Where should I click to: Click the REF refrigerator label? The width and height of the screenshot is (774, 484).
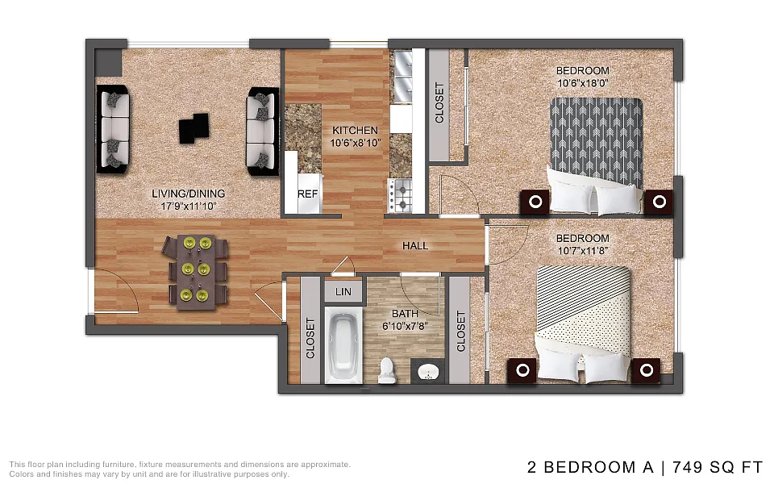307,194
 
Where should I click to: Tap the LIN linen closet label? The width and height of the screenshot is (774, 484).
343,292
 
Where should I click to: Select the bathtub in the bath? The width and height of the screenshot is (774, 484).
343,345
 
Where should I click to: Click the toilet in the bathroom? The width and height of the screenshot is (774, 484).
386,370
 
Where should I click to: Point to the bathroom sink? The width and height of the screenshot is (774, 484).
428,371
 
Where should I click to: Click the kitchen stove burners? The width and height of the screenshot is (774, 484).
401,195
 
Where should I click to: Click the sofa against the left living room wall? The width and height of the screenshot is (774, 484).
113,129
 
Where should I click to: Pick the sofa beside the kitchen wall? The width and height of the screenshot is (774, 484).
263,131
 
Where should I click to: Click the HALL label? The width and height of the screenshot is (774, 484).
415,245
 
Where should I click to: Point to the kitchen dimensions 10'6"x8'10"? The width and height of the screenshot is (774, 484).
356,144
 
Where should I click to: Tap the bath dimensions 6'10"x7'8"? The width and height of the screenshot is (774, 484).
405,326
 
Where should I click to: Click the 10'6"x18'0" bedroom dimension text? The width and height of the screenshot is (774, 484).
582,83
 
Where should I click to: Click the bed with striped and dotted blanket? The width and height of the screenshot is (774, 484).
584,324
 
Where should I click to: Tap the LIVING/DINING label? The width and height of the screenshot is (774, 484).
188,194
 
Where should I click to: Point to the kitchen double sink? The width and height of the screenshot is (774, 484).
402,77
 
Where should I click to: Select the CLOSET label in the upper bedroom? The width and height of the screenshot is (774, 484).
439,102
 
